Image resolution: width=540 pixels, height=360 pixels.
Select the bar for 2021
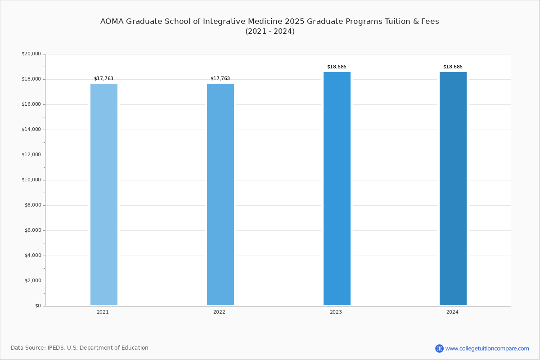click(104, 194)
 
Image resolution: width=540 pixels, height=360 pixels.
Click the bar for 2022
click(220, 194)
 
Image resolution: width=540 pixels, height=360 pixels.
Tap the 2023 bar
click(337, 189)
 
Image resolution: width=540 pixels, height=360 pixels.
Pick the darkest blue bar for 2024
click(453, 189)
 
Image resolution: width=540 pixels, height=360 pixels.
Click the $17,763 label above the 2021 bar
click(103, 79)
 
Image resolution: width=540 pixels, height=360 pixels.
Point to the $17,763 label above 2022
click(220, 79)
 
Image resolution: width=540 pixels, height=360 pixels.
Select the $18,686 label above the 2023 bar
click(337, 67)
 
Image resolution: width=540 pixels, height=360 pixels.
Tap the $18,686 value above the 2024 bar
click(453, 67)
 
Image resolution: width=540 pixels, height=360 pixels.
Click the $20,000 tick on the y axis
click(31, 54)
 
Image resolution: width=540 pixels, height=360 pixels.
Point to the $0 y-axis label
click(38, 306)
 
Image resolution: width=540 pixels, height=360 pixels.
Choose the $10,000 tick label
click(31, 180)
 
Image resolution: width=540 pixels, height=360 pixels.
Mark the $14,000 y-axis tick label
click(31, 130)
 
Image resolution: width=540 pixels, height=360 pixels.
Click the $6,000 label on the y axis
click(33, 230)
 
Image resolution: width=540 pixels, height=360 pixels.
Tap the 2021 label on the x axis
click(103, 312)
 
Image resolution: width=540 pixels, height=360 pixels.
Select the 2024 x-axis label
click(452, 312)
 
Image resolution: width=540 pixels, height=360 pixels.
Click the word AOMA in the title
click(112, 22)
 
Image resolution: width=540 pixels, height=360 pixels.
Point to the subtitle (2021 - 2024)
click(270, 31)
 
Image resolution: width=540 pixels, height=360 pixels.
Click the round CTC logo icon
click(439, 348)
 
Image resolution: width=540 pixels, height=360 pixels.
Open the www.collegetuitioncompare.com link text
click(487, 348)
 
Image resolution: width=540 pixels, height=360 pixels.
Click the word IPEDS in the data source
click(56, 348)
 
